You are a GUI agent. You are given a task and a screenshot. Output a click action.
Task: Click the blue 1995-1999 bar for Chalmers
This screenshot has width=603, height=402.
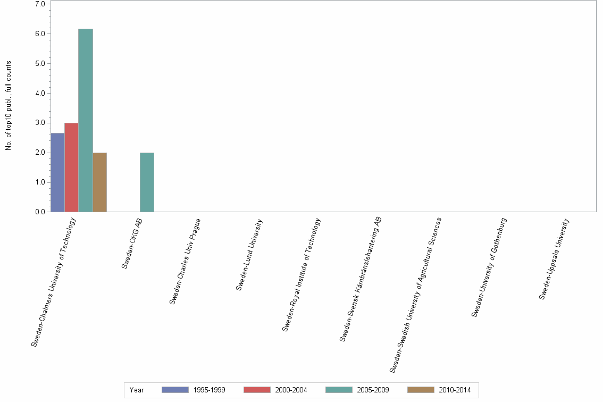coord(57,172)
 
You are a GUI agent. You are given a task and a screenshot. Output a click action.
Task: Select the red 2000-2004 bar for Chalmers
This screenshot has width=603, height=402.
coord(71,167)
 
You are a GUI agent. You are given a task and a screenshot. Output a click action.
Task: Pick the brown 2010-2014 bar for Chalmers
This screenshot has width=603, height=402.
coord(99,182)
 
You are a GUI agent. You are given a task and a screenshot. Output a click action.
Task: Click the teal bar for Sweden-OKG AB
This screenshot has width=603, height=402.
coord(147,182)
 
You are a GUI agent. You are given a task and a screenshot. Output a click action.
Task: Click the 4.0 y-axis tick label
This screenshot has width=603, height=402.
coord(40,94)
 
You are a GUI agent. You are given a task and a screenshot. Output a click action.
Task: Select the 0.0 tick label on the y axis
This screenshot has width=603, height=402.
coord(40,212)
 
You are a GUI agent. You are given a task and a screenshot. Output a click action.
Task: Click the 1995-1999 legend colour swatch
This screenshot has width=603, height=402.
coord(175,390)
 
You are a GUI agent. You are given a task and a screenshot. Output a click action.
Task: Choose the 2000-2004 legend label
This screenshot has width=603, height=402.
coord(291,390)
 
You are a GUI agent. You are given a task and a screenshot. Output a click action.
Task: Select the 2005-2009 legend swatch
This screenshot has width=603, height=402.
coord(339,390)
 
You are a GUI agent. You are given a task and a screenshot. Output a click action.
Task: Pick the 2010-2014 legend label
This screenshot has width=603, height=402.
coord(455,390)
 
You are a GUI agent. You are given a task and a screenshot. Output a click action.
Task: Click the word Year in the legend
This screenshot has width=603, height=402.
coord(137,390)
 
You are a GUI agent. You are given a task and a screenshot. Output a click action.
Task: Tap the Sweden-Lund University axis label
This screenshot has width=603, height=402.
coord(249,255)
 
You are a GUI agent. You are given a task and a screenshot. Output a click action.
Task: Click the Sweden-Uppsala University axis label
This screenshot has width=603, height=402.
coord(557,259)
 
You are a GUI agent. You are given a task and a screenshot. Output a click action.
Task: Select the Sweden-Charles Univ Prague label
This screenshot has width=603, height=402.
coord(185,261)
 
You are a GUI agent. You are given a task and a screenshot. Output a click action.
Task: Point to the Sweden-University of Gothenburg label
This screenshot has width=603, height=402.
coord(489,267)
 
